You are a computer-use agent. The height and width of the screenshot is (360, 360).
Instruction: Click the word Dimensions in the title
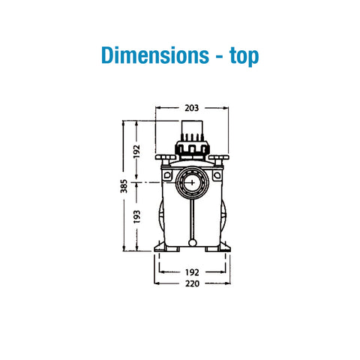[x=155, y=55]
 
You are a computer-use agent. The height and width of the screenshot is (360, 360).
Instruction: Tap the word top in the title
[x=244, y=56]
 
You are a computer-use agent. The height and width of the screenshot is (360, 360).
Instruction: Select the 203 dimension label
[x=192, y=108]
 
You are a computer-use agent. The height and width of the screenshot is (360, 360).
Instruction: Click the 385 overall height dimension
[x=124, y=186]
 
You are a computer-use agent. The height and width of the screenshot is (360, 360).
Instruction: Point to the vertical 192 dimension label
[x=136, y=151]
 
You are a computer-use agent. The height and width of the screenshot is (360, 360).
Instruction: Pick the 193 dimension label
[x=136, y=217]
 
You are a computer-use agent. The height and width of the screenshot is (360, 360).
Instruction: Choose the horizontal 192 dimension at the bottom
[x=192, y=272]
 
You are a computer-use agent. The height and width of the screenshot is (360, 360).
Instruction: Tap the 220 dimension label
[x=192, y=283]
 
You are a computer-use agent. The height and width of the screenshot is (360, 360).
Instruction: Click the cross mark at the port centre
[x=192, y=183]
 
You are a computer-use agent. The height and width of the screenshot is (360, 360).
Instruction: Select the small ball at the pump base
[x=193, y=243]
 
